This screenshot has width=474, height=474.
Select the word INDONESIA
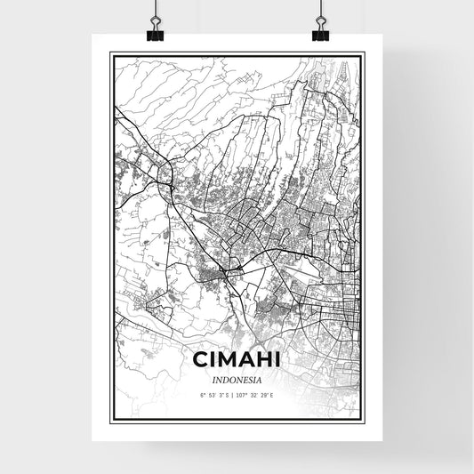pos(237,378)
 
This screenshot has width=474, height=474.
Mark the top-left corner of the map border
pos(111,54)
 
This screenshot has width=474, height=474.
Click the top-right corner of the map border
pos(363,54)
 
